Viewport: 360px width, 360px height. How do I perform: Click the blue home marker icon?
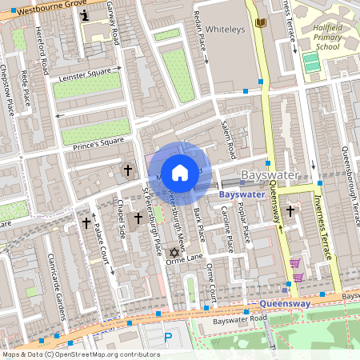coord(180,172)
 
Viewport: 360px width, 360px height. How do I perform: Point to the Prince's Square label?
coord(97,142)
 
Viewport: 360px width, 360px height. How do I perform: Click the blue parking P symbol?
coord(168,338)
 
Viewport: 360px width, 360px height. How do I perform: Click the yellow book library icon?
coord(259,24)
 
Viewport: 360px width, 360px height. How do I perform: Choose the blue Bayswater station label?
coord(242,194)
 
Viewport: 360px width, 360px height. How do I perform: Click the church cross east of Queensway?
coord(290,210)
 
